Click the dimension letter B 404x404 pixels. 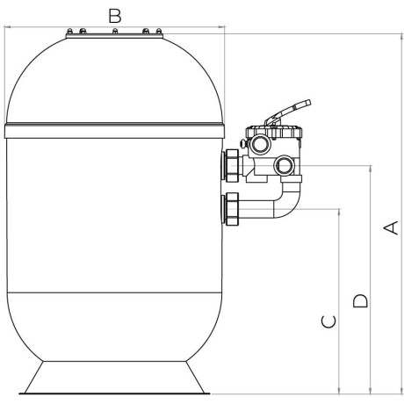tap(115, 16)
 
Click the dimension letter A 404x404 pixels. tap(391, 227)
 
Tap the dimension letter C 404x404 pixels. tap(328, 321)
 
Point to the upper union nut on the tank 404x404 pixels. tap(232, 166)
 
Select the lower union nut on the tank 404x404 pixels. tap(232, 209)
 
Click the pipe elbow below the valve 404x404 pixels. tap(285, 202)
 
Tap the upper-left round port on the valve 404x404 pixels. tap(260, 144)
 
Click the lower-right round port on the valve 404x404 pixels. tap(283, 165)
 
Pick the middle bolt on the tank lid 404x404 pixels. tap(115, 31)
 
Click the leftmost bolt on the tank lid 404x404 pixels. tap(69, 31)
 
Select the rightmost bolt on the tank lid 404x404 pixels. tap(159, 31)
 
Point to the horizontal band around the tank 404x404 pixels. tap(114, 131)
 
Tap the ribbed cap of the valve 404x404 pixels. tap(273, 133)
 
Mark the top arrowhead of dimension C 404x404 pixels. tap(339, 212)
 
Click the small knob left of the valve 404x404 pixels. tap(242, 143)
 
